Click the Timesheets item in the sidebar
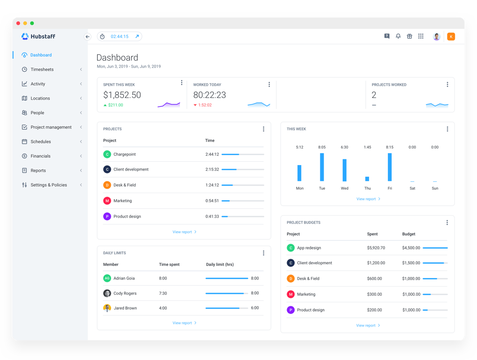[x=42, y=69]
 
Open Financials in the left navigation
[x=40, y=156]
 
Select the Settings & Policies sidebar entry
[x=48, y=185]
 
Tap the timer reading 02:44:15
[x=119, y=37]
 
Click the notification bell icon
[x=398, y=36]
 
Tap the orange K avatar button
[x=451, y=37]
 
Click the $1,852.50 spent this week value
[x=122, y=95]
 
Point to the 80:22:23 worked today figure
[x=210, y=95]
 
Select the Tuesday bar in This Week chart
[x=322, y=167]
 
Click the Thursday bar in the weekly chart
[x=367, y=179]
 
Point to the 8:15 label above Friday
[x=390, y=147]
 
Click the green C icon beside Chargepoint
[x=107, y=154]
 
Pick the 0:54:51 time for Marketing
[x=212, y=201]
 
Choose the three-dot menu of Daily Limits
[x=264, y=253]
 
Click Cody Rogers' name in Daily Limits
[x=125, y=293]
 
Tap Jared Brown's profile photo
[x=107, y=308]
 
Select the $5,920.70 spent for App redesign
[x=376, y=248]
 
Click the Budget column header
[x=409, y=234]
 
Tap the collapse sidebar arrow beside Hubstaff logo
[x=87, y=37]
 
